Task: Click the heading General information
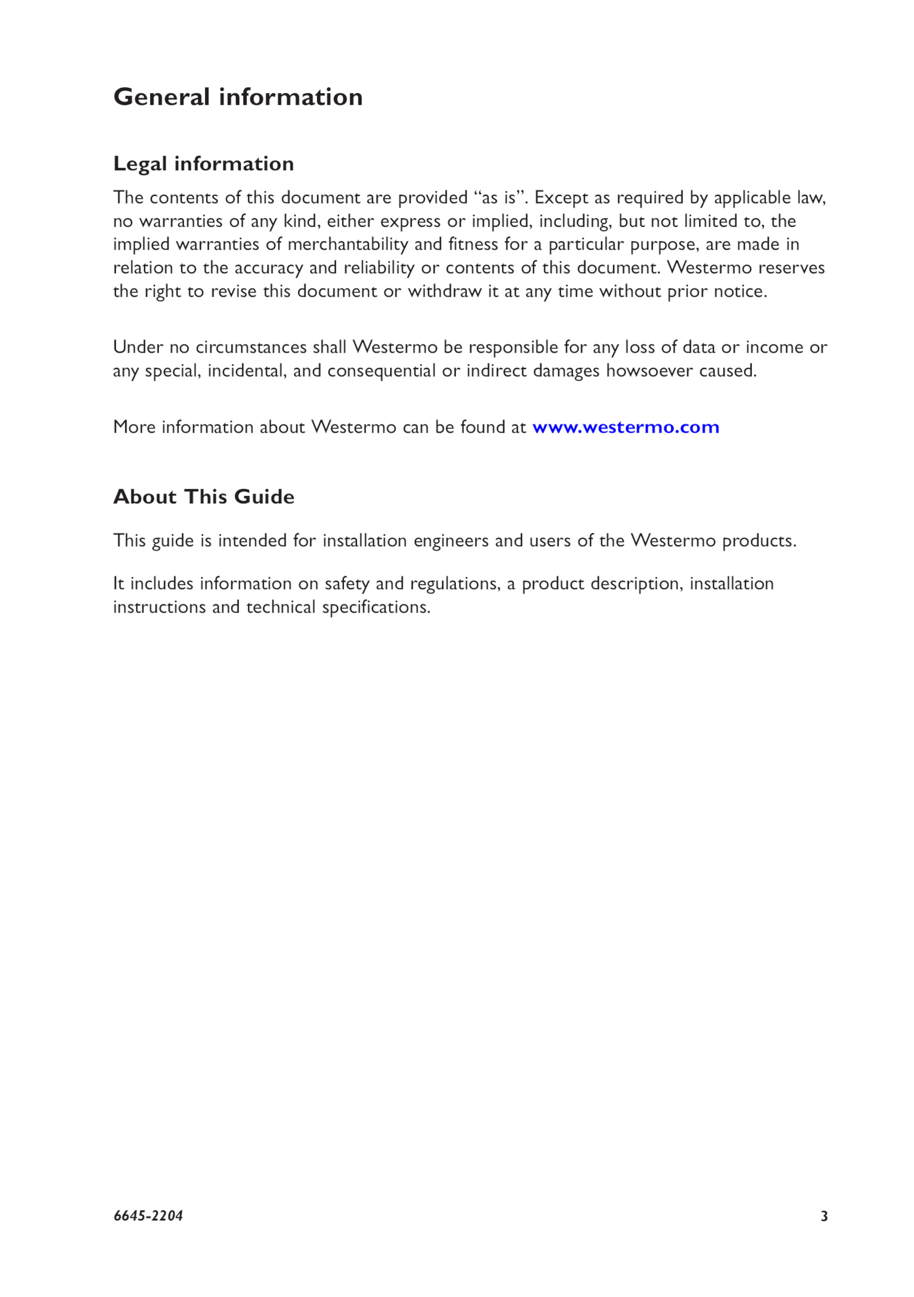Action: pos(238,97)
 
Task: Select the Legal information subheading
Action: pos(203,164)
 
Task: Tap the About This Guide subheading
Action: pos(203,497)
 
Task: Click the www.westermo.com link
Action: pos(626,427)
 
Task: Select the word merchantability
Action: pos(348,245)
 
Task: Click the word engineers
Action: pos(451,541)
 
